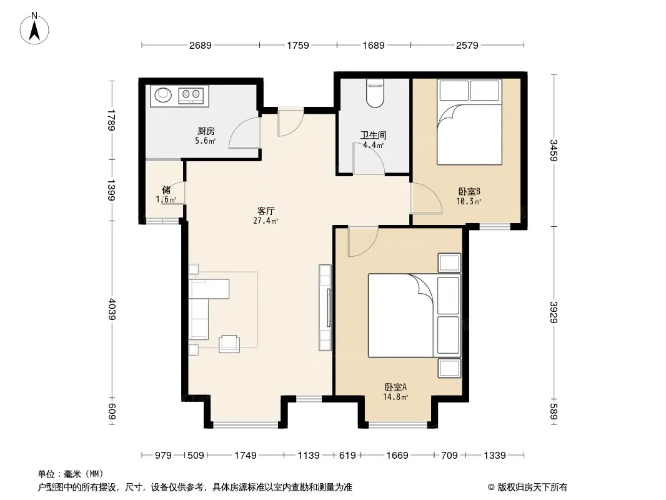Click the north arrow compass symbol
click(x=34, y=29)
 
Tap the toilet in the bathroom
click(x=375, y=93)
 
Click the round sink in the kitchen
click(x=162, y=94)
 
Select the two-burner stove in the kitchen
click(x=191, y=95)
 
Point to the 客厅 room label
click(x=266, y=211)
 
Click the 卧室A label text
click(x=396, y=387)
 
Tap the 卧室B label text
click(x=469, y=192)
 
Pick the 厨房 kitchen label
click(x=206, y=131)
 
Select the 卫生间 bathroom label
click(x=374, y=136)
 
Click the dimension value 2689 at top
click(x=200, y=45)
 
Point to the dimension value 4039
click(x=112, y=309)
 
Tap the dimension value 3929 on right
click(x=554, y=312)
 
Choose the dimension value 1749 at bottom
click(x=246, y=456)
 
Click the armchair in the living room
click(x=229, y=344)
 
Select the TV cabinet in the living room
click(x=326, y=307)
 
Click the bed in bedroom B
click(x=469, y=122)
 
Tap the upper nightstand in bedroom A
click(x=449, y=263)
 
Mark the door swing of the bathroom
click(x=369, y=159)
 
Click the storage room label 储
click(x=166, y=189)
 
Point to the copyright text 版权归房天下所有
click(x=532, y=487)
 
